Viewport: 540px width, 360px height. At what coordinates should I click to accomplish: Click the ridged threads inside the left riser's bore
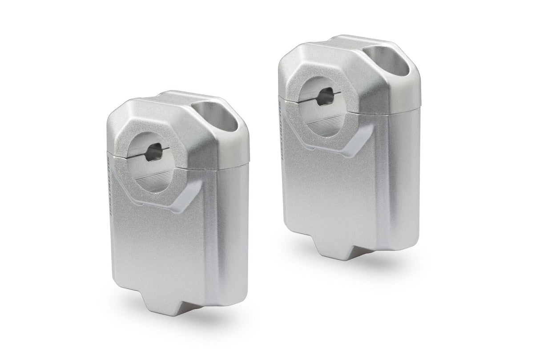pos(149,182)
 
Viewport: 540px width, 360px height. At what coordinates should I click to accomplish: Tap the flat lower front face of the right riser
pos(329,191)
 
